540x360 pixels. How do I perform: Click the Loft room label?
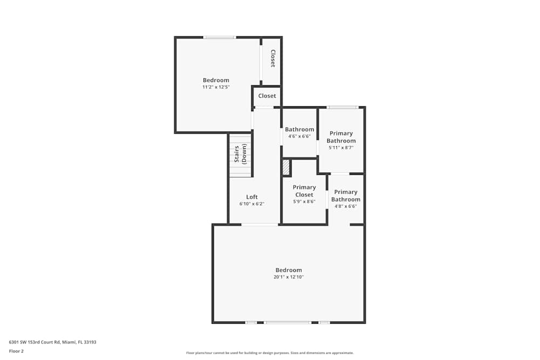tap(252, 197)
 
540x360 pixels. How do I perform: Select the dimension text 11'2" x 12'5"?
tap(215, 87)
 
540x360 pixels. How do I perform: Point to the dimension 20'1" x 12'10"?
tap(288, 277)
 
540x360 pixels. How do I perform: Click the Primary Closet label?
tap(304, 191)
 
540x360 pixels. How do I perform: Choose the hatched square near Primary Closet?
tap(286, 168)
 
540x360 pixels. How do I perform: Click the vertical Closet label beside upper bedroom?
tap(273, 58)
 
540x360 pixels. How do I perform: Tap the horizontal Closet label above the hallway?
tap(267, 96)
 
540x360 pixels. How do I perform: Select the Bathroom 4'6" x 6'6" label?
tap(299, 130)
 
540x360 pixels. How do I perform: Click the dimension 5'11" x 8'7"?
tap(341, 147)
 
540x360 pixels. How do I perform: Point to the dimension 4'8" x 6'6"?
tap(345, 206)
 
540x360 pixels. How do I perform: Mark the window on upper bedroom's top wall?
tap(219, 37)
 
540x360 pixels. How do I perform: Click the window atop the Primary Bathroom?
tap(342, 107)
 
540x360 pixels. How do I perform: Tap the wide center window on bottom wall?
tap(287, 322)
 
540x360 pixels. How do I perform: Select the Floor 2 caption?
tap(16, 351)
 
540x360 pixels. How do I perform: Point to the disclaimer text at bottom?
tap(269, 353)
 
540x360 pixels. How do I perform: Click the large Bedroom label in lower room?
tap(288, 270)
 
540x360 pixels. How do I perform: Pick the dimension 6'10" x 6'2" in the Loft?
tap(252, 204)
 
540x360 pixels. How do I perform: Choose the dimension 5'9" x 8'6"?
tap(304, 201)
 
